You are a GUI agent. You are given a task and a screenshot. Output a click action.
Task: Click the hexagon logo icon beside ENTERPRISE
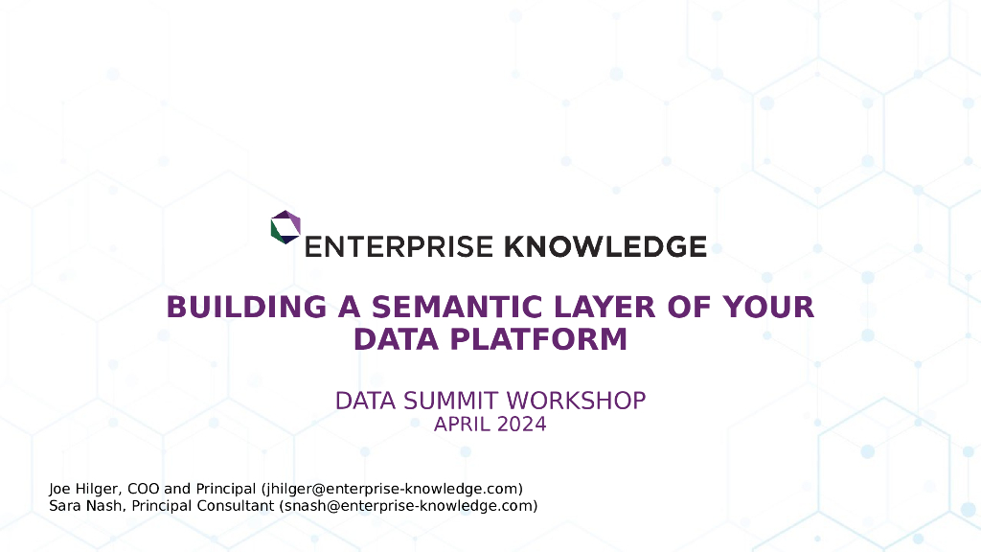point(285,227)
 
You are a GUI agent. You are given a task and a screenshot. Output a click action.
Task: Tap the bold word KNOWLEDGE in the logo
point(605,246)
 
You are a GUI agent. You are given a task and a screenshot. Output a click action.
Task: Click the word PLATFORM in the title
point(539,339)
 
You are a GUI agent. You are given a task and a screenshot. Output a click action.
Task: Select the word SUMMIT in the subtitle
point(447,401)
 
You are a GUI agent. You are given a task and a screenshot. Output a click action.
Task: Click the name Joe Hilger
point(81,489)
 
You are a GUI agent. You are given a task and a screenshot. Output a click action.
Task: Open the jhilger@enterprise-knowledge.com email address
point(392,489)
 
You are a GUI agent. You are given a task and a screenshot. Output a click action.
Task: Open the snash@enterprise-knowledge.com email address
point(408,506)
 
